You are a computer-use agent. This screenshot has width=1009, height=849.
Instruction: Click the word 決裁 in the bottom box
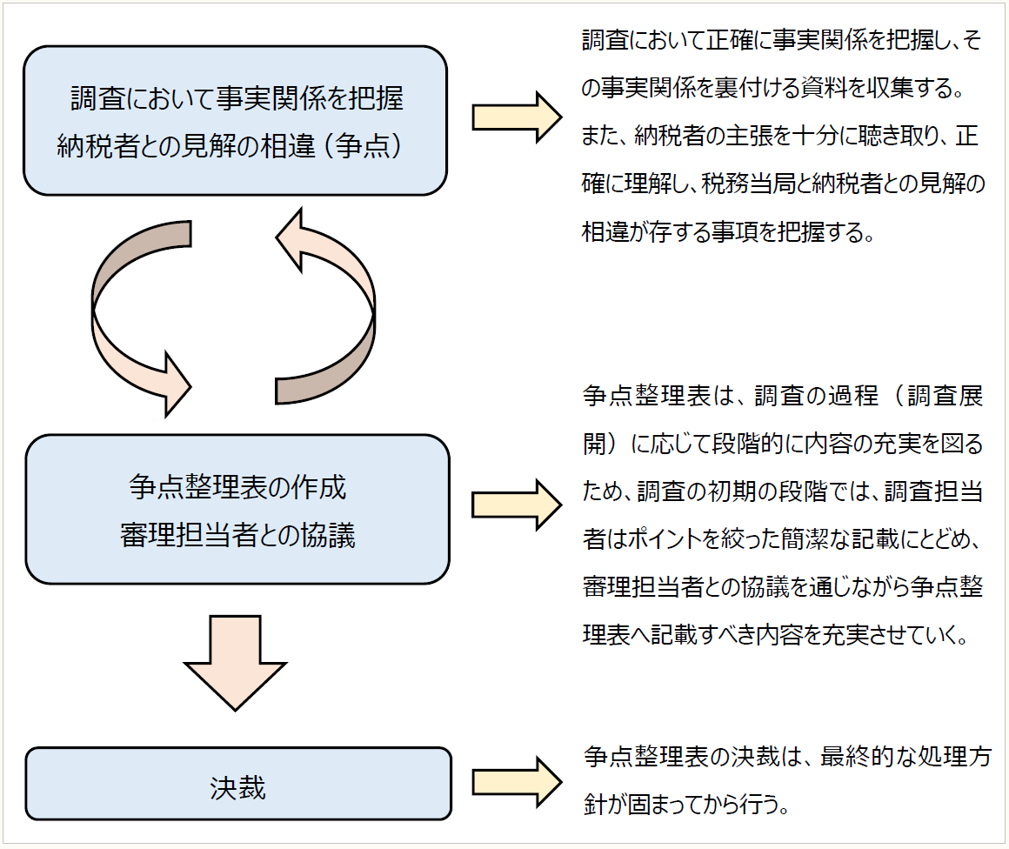coord(237,787)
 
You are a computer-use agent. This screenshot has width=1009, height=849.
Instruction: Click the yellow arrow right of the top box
coord(517,117)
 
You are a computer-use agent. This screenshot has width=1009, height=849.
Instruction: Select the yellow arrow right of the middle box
coord(517,505)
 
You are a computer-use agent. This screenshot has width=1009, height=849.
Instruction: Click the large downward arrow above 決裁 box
coord(236,661)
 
